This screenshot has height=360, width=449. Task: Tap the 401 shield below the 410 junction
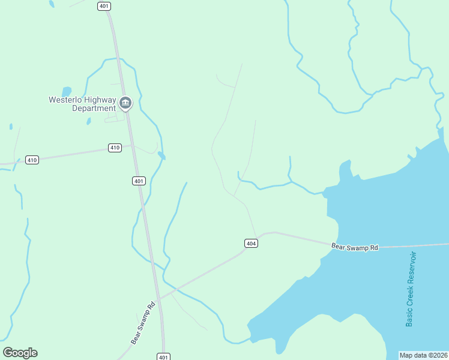(x=139, y=181)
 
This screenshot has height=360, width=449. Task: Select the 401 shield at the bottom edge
(x=163, y=356)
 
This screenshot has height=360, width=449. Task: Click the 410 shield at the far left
(x=32, y=160)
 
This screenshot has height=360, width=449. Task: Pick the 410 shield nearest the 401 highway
(x=115, y=148)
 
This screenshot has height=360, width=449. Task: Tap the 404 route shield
(x=252, y=243)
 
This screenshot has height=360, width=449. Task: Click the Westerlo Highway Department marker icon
(x=125, y=103)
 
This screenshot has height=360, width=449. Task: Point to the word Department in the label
(x=94, y=109)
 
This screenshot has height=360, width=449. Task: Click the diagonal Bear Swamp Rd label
(x=143, y=322)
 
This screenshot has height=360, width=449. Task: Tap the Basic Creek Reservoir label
(x=411, y=289)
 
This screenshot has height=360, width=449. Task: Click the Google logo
(x=20, y=353)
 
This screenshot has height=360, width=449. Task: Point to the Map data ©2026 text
(x=424, y=355)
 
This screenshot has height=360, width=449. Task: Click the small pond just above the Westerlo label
(x=66, y=91)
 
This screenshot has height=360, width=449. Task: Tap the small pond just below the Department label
(x=89, y=121)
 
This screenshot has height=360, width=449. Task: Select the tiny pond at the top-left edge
(x=52, y=4)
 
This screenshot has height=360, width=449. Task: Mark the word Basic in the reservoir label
(x=410, y=317)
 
